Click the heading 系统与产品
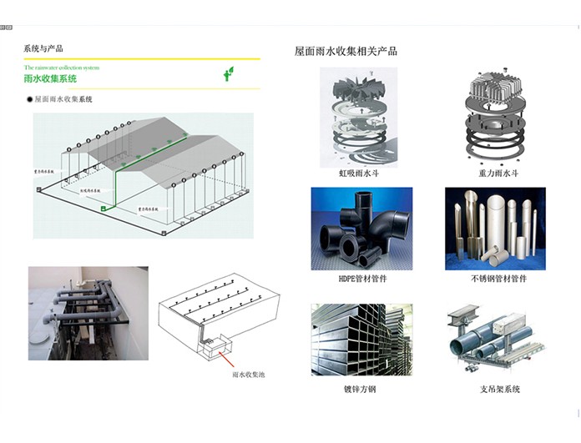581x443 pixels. click(43, 48)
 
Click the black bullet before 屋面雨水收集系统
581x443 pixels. click(29, 99)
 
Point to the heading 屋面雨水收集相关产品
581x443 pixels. click(346, 51)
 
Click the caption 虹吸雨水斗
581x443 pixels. click(358, 174)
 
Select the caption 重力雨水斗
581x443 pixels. click(499, 174)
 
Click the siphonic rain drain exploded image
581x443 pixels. click(360, 118)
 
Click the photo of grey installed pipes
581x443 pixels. click(88, 312)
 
